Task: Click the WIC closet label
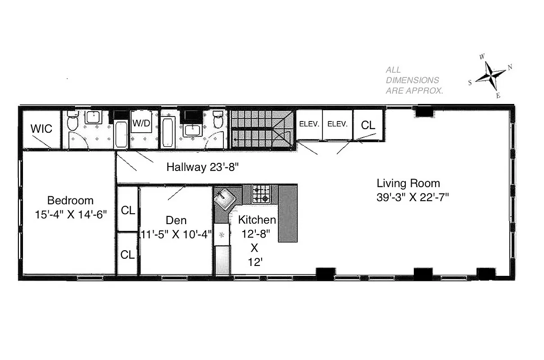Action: pyautogui.click(x=41, y=129)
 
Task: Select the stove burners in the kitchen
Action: pyautogui.click(x=260, y=193)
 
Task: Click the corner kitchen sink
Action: pyautogui.click(x=224, y=198)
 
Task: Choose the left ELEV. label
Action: pyautogui.click(x=309, y=124)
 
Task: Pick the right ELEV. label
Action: pyautogui.click(x=337, y=124)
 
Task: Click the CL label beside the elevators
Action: pyautogui.click(x=368, y=126)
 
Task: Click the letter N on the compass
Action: pyautogui.click(x=510, y=67)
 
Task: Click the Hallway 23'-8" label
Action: pyautogui.click(x=202, y=167)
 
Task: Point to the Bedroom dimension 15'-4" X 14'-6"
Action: pyautogui.click(x=70, y=214)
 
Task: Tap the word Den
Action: pyautogui.click(x=176, y=220)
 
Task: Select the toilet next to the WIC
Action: pyautogui.click(x=73, y=121)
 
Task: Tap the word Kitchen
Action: pyautogui.click(x=257, y=220)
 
